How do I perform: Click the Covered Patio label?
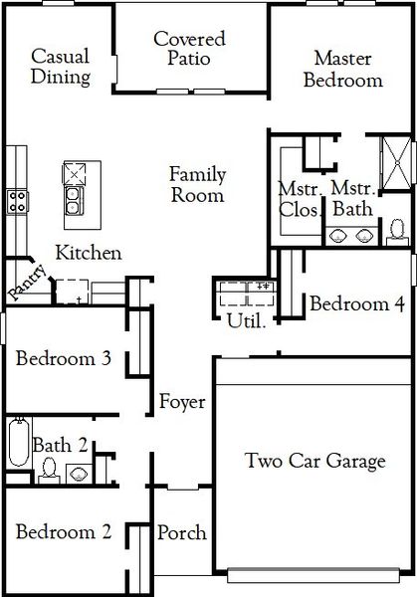pyautogui.click(x=189, y=49)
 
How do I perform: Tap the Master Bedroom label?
pyautogui.click(x=342, y=69)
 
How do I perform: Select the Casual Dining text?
pyautogui.click(x=61, y=66)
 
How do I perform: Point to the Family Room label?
pyautogui.click(x=196, y=184)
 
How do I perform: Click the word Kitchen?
pyautogui.click(x=88, y=253)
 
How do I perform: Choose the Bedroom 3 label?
pyautogui.click(x=63, y=358)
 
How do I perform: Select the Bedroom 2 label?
pyautogui.click(x=63, y=532)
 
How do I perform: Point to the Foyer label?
pyautogui.click(x=182, y=402)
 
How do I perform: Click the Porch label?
pyautogui.click(x=182, y=532)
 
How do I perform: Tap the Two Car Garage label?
pyautogui.click(x=315, y=461)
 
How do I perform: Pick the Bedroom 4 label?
pyautogui.click(x=356, y=304)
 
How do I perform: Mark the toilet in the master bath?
pyautogui.click(x=396, y=230)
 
